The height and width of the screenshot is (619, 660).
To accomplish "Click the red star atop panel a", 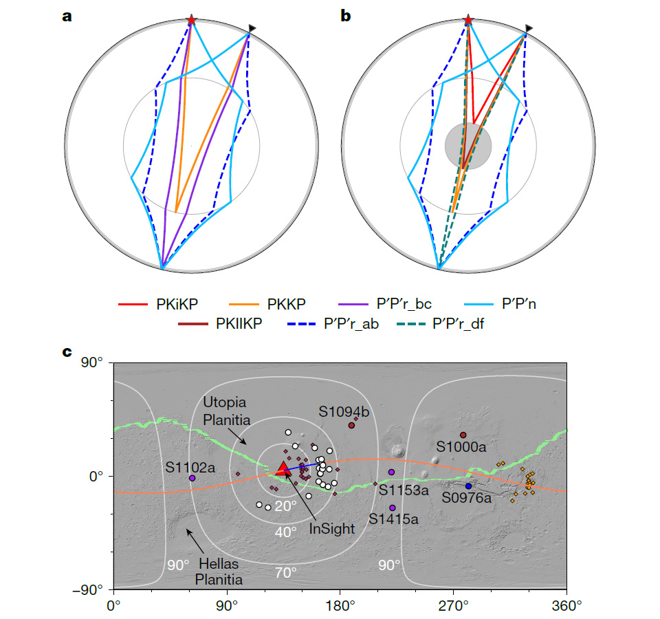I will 191,21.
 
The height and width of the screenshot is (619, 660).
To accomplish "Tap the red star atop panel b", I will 468,21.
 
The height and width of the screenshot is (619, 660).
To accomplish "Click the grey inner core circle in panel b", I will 468,145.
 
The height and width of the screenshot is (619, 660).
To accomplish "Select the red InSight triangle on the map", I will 283,469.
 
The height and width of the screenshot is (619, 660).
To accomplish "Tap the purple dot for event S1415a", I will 393,508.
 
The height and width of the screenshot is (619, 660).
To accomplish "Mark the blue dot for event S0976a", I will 469,486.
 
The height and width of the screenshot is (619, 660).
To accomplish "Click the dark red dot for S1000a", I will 463,435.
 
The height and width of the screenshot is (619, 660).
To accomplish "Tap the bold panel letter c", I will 67,352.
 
